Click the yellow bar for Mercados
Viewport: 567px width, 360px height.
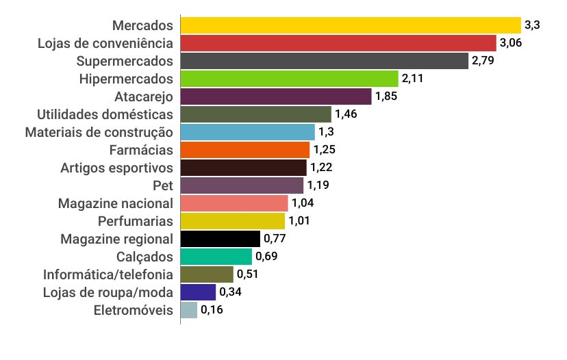[351, 25]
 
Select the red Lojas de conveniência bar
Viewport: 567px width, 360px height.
[338, 43]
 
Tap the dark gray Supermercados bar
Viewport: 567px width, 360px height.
[324, 61]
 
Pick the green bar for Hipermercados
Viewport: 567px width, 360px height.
[289, 79]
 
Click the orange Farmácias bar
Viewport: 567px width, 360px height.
[245, 150]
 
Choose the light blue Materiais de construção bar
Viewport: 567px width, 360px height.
[247, 132]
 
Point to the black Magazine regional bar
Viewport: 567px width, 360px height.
[220, 239]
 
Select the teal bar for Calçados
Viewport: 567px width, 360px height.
[216, 257]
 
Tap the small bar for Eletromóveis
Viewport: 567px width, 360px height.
[189, 310]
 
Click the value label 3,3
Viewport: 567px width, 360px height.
[532, 25]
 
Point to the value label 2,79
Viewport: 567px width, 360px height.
[483, 61]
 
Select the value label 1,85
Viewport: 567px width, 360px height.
[386, 97]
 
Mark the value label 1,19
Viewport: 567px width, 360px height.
[318, 185]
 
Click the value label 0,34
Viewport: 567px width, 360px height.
[231, 292]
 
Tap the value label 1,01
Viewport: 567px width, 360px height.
[299, 221]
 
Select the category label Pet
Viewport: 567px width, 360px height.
[163, 185]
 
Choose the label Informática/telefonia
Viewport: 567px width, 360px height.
[108, 274]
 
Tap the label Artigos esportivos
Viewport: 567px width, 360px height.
[116, 168]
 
